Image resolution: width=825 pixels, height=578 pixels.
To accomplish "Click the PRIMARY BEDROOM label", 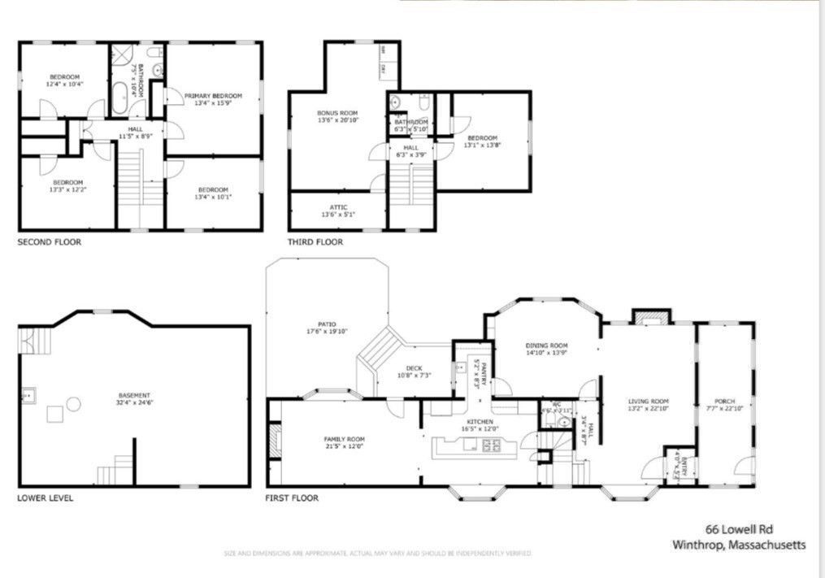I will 213,96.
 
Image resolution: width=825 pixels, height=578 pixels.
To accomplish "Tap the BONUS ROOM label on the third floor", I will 337,112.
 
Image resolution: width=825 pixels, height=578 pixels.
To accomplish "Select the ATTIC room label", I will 338,207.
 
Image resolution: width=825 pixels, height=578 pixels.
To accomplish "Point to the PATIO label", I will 327,324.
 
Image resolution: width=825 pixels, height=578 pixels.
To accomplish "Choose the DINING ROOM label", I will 546,345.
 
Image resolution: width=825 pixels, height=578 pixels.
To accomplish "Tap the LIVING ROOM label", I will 648,401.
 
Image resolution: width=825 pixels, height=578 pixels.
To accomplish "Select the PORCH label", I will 724,402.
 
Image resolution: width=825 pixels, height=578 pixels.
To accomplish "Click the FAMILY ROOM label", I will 344,439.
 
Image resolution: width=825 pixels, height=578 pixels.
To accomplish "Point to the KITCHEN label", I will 480,421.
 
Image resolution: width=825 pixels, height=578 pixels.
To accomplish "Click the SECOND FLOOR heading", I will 49,242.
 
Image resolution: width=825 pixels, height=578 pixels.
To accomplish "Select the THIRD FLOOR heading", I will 315,242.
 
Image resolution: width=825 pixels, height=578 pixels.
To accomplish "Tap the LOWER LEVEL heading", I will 46,498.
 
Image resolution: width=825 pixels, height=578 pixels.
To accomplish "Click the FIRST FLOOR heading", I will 292,498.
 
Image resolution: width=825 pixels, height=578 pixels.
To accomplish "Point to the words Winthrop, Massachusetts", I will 739,545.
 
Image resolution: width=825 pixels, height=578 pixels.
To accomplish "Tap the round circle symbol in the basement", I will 74,403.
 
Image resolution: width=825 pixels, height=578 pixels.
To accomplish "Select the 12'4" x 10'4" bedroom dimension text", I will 64,84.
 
